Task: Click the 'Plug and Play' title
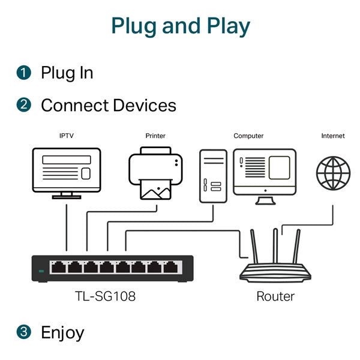[x=181, y=26]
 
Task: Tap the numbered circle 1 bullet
[x=23, y=73]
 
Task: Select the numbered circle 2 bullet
[x=23, y=105]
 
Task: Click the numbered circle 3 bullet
[x=23, y=332]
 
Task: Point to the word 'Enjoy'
[x=62, y=333]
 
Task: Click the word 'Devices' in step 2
[x=145, y=106]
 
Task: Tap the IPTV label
[x=67, y=136]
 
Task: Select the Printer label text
[x=155, y=136]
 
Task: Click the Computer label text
[x=248, y=136]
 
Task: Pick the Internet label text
[x=333, y=136]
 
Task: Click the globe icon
[x=333, y=173]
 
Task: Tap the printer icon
[x=155, y=173]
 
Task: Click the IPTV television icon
[x=67, y=173]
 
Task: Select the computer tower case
[x=213, y=176]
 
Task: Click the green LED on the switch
[x=41, y=271]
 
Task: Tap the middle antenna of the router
[x=275, y=246]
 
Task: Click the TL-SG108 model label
[x=106, y=296]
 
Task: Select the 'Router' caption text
[x=275, y=296]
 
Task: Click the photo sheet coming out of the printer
[x=155, y=190]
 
